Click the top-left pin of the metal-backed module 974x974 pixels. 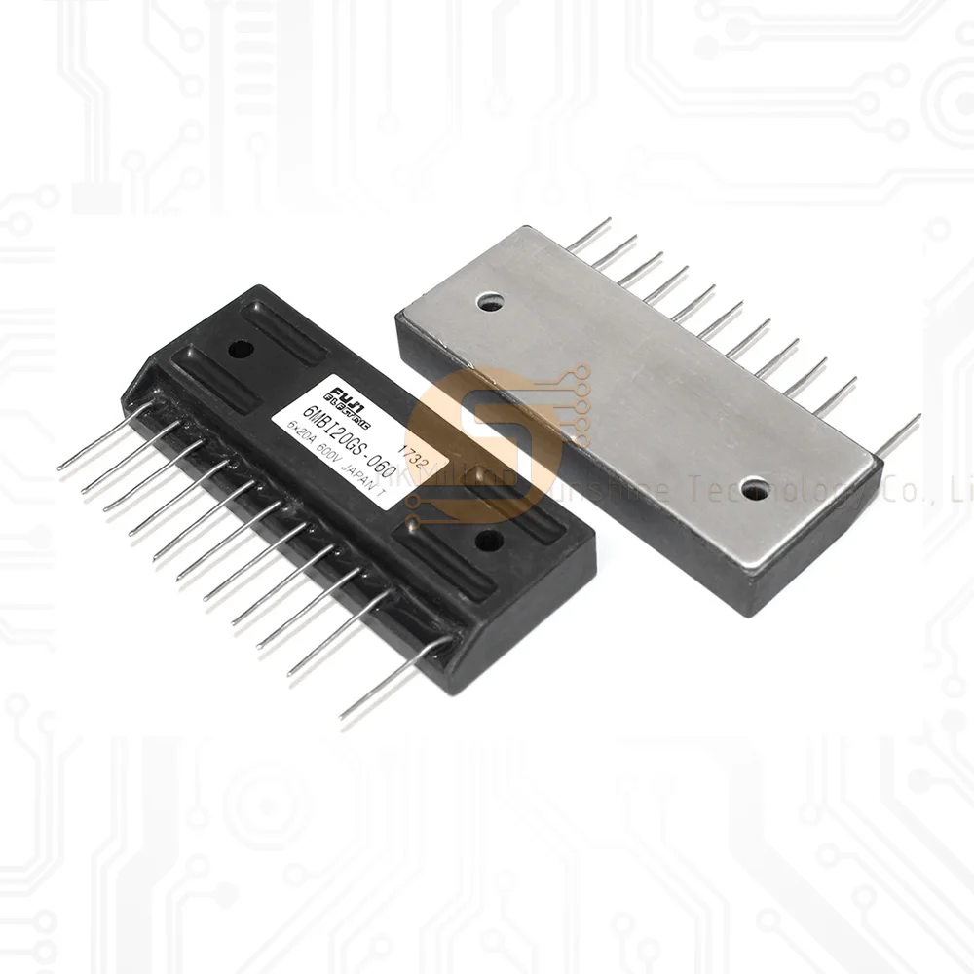click(x=590, y=235)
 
